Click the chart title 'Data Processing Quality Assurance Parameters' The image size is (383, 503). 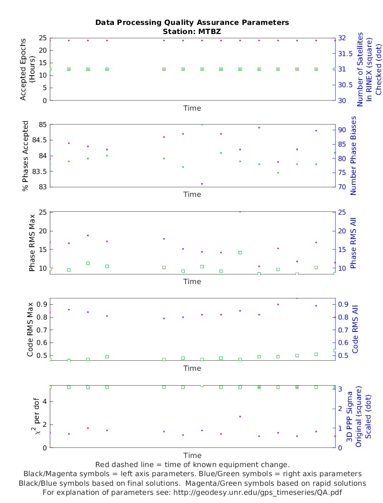coord(192,23)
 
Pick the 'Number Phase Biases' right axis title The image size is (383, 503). coord(354,156)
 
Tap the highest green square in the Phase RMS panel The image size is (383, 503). coord(240,252)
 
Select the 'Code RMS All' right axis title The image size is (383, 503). coord(355,329)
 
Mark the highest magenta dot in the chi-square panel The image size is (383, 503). coord(240,416)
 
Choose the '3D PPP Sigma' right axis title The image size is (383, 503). coord(350,417)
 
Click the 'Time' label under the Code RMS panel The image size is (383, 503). coord(192,368)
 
